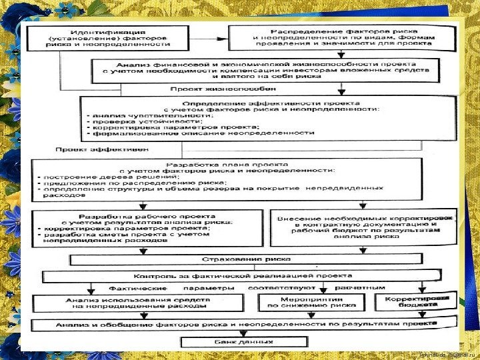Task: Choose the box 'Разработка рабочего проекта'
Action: pyautogui.click(x=147, y=228)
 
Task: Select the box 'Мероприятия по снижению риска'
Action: pyautogui.click(x=311, y=303)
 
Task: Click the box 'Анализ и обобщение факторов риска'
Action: pyautogui.click(x=237, y=325)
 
